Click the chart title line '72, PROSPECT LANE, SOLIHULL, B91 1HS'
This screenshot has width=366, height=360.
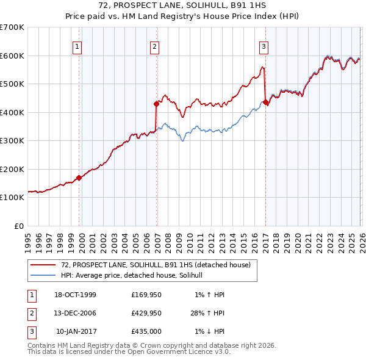[x=183, y=5]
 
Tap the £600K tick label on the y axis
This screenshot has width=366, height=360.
[x=12, y=56]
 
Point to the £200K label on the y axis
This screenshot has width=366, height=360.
[x=12, y=169]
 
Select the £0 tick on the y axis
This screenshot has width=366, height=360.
[x=19, y=226]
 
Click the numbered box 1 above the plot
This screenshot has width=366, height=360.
[x=78, y=46]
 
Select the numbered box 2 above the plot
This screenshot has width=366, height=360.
[x=155, y=46]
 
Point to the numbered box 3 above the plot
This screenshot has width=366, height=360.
[x=264, y=46]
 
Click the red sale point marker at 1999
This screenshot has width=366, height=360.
[x=79, y=178]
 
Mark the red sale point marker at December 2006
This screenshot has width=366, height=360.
[x=157, y=104]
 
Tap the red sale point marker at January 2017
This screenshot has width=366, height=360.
[x=266, y=103]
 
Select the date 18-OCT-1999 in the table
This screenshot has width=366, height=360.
[x=75, y=295]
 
